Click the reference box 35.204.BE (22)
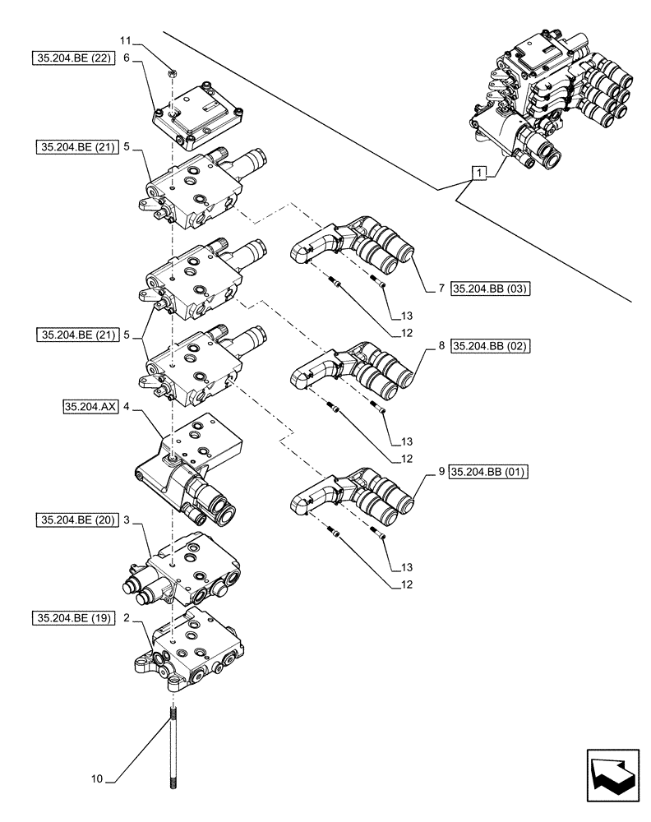pyautogui.click(x=70, y=58)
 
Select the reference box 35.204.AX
pyautogui.click(x=90, y=406)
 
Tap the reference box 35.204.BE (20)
pyautogui.click(x=70, y=520)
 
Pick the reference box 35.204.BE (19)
pyautogui.click(x=70, y=616)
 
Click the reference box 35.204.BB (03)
pyautogui.click(x=488, y=289)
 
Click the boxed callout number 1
pyautogui.click(x=478, y=173)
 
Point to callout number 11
pyautogui.click(x=125, y=39)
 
